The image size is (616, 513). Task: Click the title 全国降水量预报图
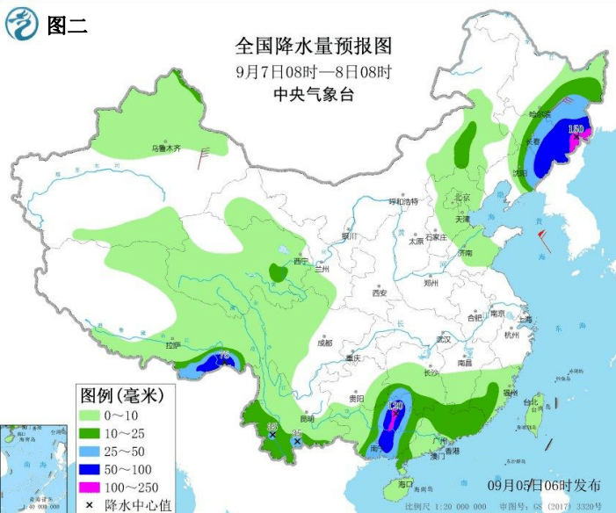click(x=312, y=45)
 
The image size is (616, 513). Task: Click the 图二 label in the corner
click(x=67, y=25)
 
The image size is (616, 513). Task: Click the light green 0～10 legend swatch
click(x=91, y=413)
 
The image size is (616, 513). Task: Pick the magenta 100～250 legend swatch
click(x=91, y=487)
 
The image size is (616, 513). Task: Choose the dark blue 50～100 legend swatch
click(x=91, y=468)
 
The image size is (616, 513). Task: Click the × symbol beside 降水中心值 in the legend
click(x=91, y=505)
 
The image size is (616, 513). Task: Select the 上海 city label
click(x=525, y=320)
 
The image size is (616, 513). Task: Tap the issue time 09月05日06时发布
click(x=545, y=485)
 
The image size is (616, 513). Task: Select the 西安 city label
click(x=379, y=293)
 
